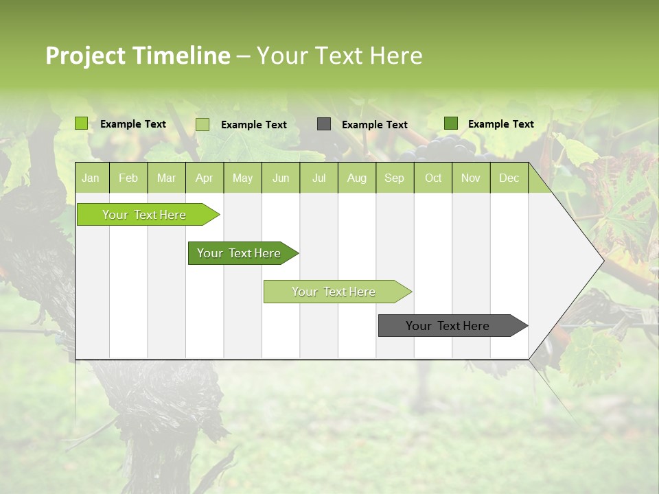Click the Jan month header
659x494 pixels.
click(91, 178)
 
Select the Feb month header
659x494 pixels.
click(128, 178)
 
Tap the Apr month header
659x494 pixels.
click(204, 178)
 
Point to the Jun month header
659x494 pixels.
click(281, 178)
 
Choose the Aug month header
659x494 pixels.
click(356, 178)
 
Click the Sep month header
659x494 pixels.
click(394, 178)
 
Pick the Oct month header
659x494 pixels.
click(433, 178)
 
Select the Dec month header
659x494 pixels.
click(509, 178)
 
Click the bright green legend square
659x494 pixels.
click(82, 123)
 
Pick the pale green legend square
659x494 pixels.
click(203, 124)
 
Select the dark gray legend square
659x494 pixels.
click(324, 123)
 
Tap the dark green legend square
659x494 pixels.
click(451, 123)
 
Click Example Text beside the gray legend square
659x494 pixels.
click(375, 124)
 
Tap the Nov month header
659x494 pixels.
click(470, 178)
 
